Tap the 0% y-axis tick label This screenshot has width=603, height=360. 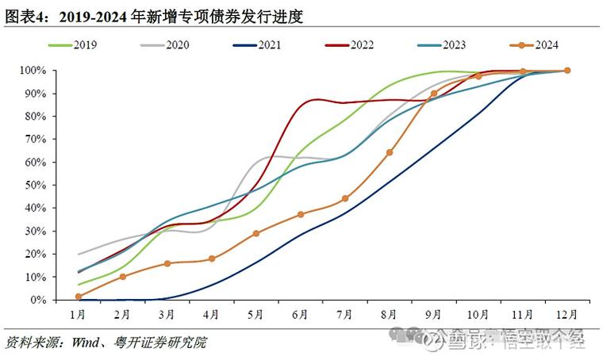tap(37, 301)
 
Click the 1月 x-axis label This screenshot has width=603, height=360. tap(78, 315)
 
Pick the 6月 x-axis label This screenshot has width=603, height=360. tap(300, 315)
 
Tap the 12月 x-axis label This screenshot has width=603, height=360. tap(567, 315)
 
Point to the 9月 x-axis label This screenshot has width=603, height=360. tap(433, 315)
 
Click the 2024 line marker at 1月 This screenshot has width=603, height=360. tap(78, 297)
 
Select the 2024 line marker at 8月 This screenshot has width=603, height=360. tap(389, 152)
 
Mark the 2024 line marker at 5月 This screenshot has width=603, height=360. tap(255, 233)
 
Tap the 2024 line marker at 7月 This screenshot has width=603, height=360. tap(345, 198)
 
